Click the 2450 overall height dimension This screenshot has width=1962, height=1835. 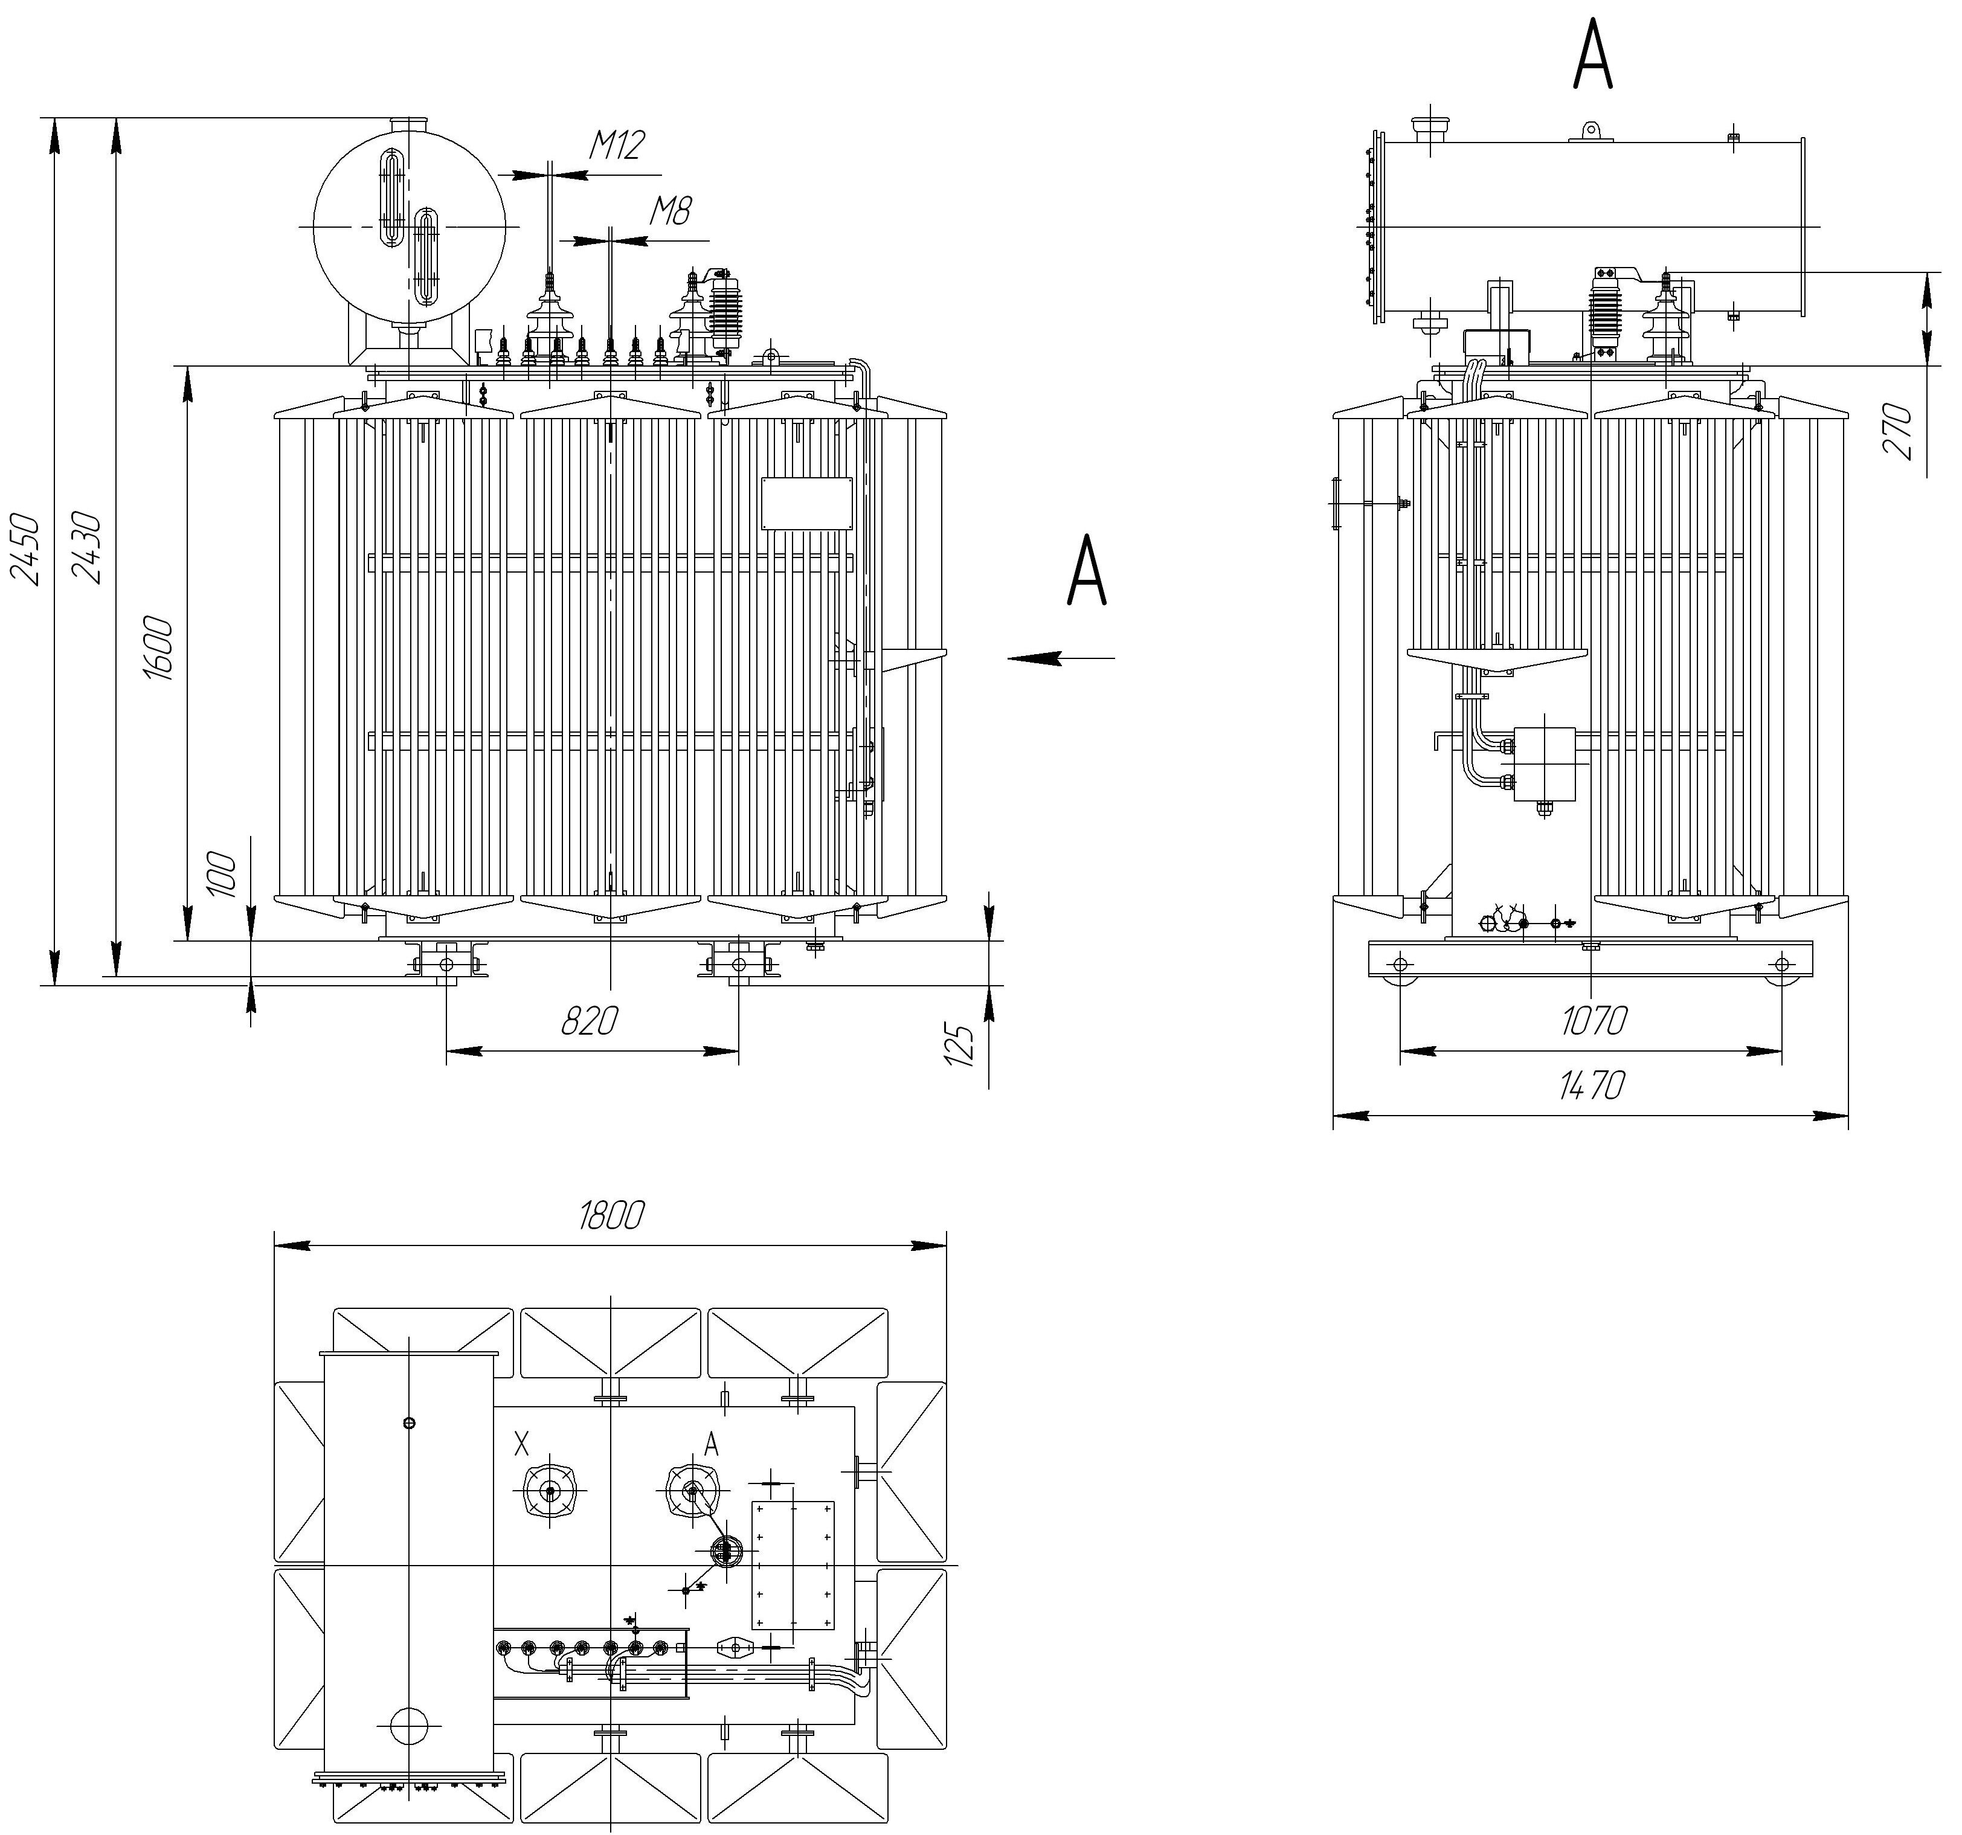27,549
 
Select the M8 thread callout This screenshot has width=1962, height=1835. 671,210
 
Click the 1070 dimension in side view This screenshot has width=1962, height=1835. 1594,1020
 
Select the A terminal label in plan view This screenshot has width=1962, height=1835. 710,1445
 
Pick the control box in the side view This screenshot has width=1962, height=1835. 1543,765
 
